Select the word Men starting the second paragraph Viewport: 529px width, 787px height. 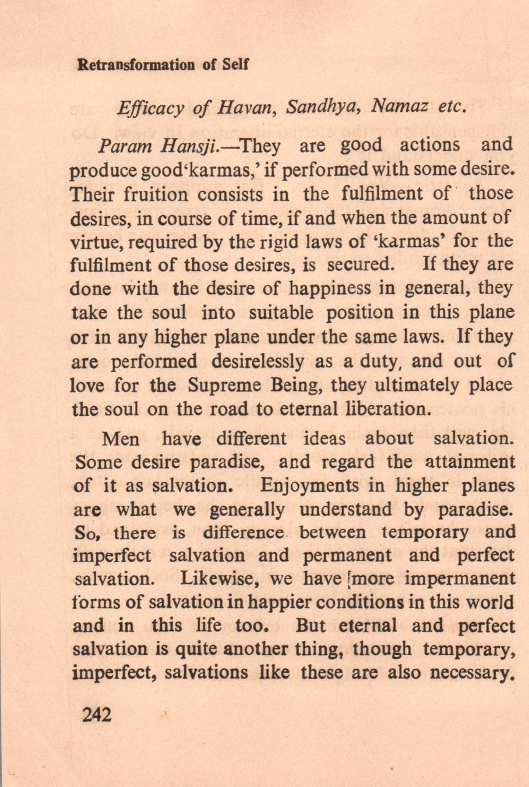120,438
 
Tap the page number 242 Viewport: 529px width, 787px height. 97,714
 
